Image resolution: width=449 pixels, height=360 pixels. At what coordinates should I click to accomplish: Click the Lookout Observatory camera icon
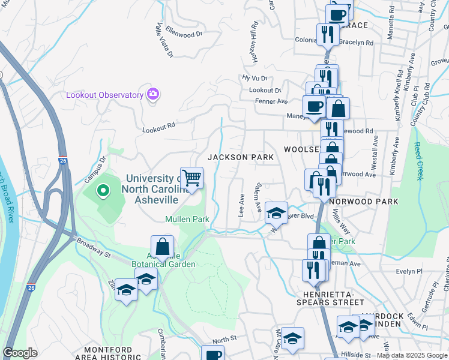[x=152, y=94]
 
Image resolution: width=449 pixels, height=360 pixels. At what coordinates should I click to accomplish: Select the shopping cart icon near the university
[x=192, y=178]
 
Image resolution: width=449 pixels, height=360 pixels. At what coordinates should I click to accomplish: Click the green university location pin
[x=103, y=191]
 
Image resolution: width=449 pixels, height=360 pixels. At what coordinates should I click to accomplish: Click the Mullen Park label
[x=187, y=219]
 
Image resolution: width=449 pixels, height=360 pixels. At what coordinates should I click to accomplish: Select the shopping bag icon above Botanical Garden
[x=162, y=246]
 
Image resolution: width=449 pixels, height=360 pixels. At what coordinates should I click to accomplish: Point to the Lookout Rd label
[x=158, y=127]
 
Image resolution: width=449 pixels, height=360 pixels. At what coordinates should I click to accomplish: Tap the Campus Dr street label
[x=95, y=168]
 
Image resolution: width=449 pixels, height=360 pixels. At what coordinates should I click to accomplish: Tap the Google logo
[x=20, y=353]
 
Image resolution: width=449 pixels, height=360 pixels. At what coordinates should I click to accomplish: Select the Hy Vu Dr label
[x=254, y=78]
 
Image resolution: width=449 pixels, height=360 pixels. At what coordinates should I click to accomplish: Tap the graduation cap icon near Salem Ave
[x=276, y=212]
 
